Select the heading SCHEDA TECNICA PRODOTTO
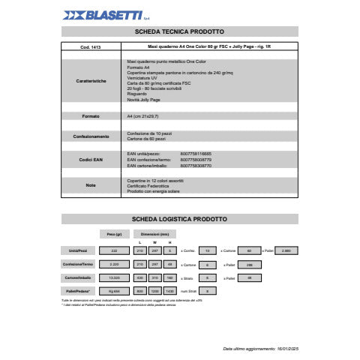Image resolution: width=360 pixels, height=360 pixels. [x=179, y=32]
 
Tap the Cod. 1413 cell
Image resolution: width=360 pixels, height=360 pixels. [x=91, y=48]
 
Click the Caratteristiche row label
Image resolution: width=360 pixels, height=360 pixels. [x=91, y=79]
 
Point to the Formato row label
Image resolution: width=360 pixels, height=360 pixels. [x=91, y=116]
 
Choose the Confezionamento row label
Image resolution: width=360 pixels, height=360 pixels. [x=91, y=136]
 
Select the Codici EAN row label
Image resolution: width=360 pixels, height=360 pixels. [x=91, y=160]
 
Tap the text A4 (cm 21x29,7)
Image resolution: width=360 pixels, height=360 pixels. [x=142, y=116]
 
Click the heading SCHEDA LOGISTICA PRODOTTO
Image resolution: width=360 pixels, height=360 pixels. [x=179, y=218]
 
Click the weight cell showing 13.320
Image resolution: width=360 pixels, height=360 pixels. [x=115, y=276]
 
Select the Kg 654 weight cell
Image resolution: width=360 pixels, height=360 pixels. [x=115, y=289]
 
